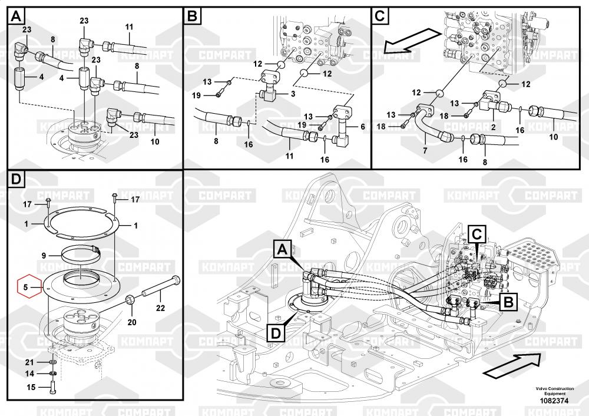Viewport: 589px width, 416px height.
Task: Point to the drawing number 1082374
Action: (554, 401)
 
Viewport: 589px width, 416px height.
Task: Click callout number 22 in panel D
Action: (160, 306)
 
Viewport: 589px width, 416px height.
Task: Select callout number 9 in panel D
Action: (44, 256)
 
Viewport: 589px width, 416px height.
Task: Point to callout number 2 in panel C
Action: (494, 127)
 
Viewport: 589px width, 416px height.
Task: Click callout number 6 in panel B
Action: (363, 127)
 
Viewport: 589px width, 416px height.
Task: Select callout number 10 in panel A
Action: (155, 142)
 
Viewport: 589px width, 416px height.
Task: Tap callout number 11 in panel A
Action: (130, 27)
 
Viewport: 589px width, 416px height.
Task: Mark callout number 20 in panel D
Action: (131, 322)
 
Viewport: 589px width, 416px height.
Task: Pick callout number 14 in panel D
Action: (30, 374)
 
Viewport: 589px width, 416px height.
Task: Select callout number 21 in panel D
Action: (30, 361)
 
